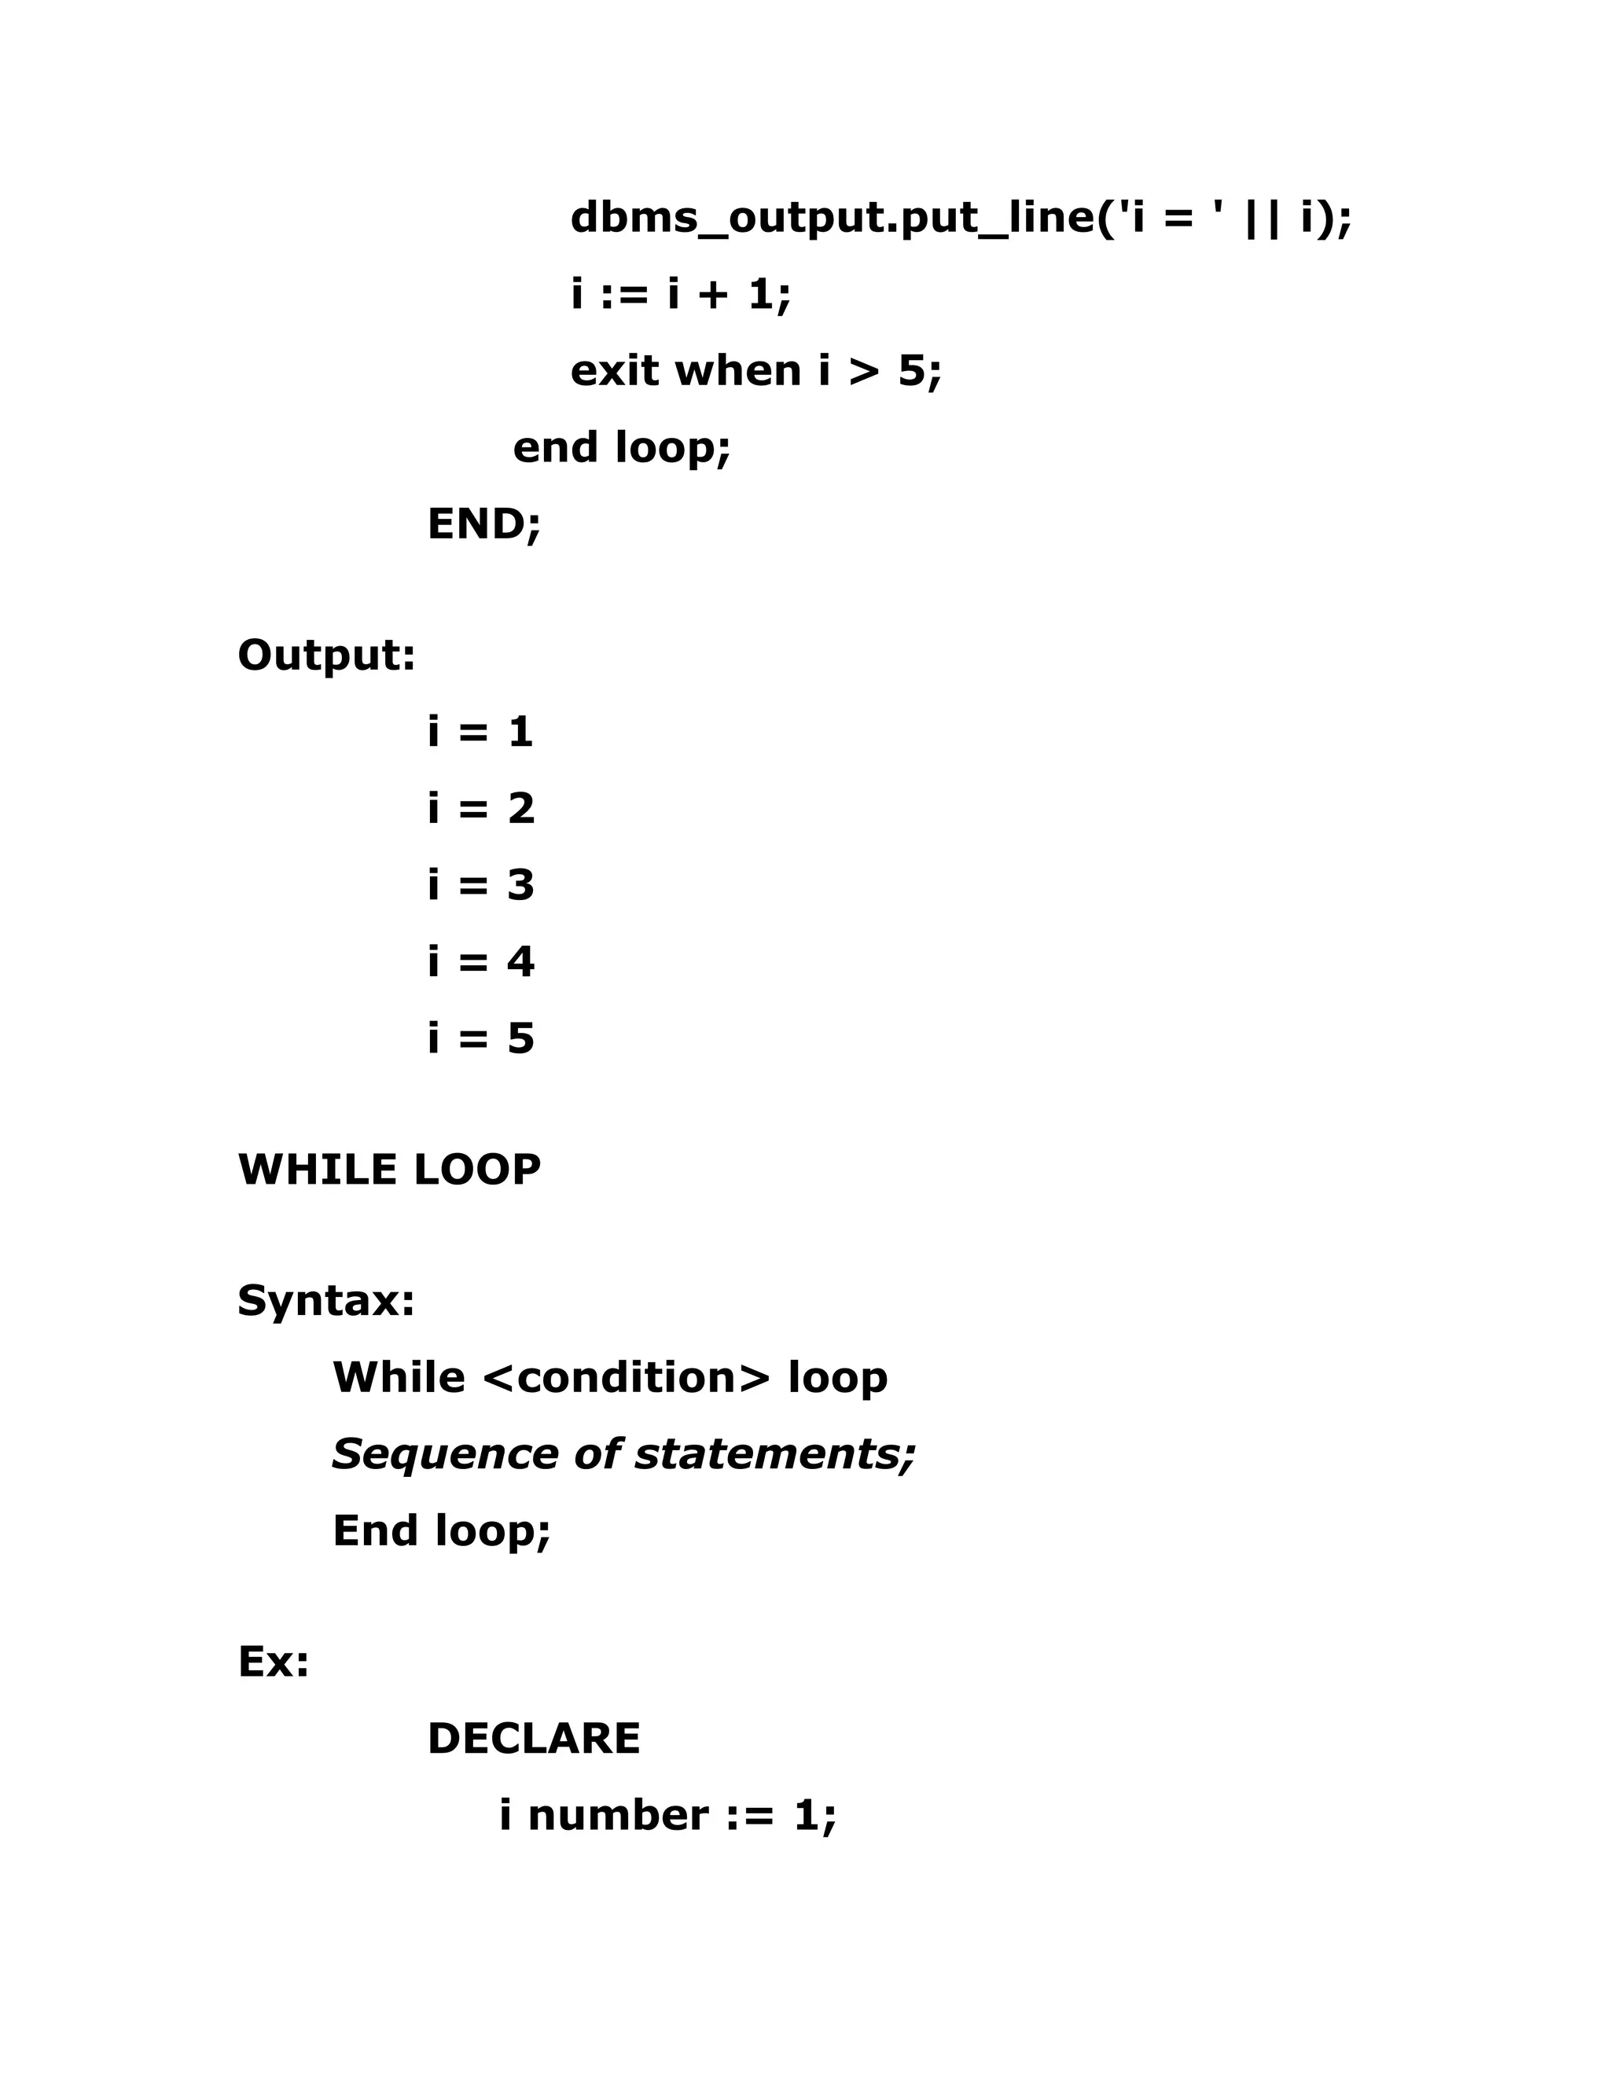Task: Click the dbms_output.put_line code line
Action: [961, 219]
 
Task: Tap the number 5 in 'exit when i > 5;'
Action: [912, 370]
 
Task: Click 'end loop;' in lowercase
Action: [622, 447]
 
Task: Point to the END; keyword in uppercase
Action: [483, 524]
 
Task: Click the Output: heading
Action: [326, 656]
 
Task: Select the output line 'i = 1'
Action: [480, 732]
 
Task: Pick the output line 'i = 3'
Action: [480, 884]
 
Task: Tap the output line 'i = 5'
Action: [480, 1038]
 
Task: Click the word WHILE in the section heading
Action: [318, 1170]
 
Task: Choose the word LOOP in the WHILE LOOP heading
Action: [477, 1170]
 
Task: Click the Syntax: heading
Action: [326, 1301]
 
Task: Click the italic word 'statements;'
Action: [774, 1454]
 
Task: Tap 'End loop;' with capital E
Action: [442, 1530]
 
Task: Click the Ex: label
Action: [274, 1662]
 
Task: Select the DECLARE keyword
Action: [533, 1739]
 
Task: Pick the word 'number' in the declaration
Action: [618, 1815]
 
